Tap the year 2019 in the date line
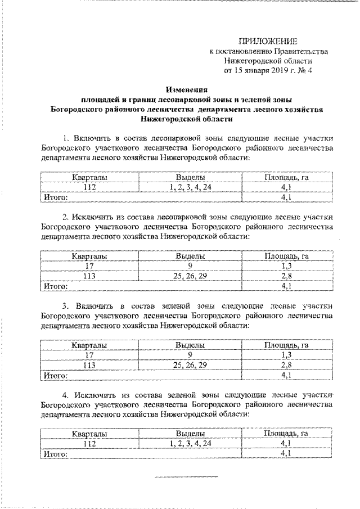coord(275,71)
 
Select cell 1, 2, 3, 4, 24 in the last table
coord(190,443)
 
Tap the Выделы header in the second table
coord(190,256)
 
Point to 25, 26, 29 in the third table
coord(190,364)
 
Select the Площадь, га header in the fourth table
coord(286,434)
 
